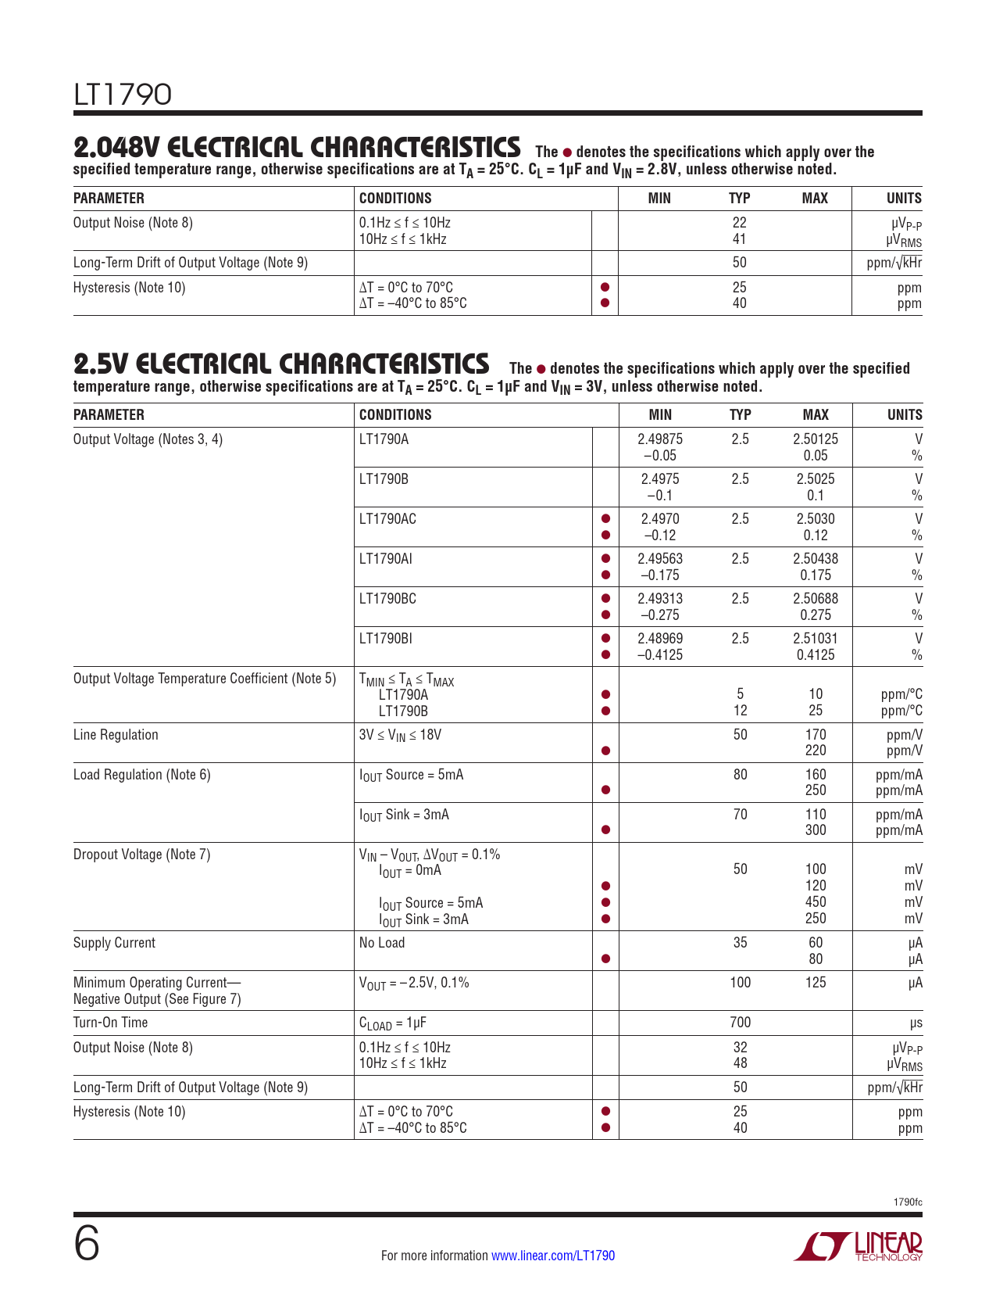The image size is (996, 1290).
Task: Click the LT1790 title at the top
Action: pos(122,95)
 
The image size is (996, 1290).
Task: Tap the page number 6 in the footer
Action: pos(87,1243)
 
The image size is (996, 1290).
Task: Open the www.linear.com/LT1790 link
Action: pos(552,1256)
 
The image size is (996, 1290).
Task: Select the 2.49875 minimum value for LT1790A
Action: pos(659,439)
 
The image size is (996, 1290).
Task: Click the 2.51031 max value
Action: pos(815,639)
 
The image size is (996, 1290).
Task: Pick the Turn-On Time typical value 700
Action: pos(739,1023)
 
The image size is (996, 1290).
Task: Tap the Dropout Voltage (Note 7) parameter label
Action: pos(141,855)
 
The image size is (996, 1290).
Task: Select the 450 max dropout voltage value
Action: pos(815,902)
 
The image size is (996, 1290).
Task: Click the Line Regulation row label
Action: pos(116,735)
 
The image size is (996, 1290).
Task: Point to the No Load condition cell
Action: pos(382,943)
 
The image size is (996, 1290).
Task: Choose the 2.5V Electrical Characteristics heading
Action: pos(281,364)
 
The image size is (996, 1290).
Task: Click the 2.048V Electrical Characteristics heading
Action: pos(297,147)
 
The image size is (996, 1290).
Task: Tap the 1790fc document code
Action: pos(908,1202)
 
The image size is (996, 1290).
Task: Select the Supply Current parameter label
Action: pos(114,943)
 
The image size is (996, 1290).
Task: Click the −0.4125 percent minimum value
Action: pos(659,655)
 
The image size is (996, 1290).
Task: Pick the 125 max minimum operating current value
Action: pos(815,983)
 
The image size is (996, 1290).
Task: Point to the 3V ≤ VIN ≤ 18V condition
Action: pos(400,735)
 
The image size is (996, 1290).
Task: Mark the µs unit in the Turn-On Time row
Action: pos(914,1023)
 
